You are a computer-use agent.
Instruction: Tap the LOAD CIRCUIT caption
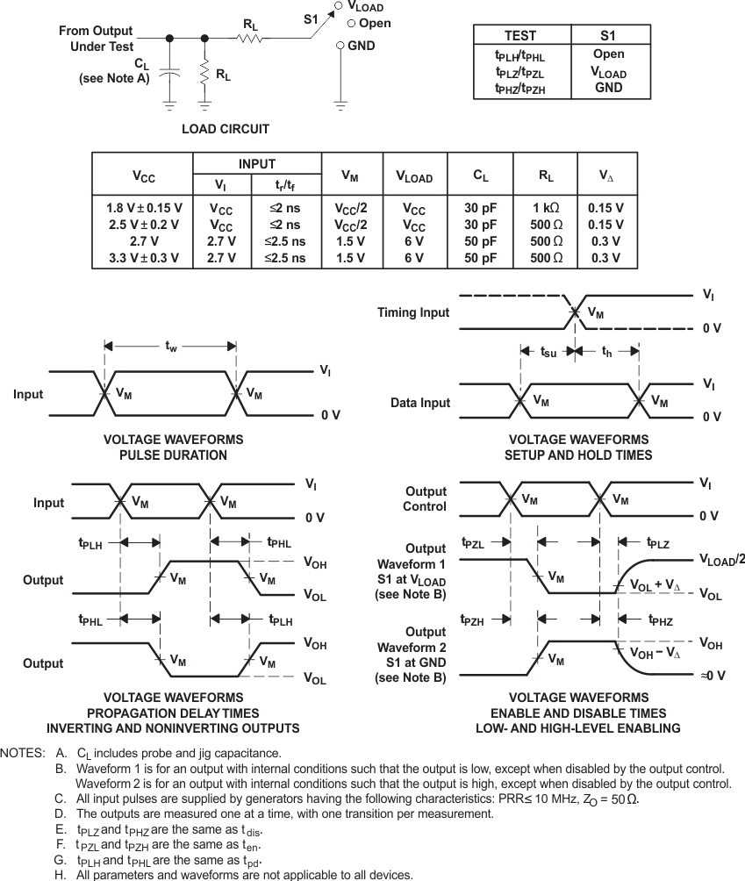click(226, 129)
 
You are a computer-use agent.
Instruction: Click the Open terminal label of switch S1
click(369, 24)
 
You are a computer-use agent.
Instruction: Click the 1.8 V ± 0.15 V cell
click(142, 208)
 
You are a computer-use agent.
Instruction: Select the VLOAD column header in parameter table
click(414, 176)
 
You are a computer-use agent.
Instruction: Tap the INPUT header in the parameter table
click(257, 164)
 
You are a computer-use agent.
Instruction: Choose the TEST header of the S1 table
click(521, 36)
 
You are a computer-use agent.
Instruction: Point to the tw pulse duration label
click(171, 347)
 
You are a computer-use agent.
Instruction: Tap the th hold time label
click(606, 352)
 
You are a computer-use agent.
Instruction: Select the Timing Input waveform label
click(412, 312)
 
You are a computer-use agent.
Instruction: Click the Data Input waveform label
click(419, 403)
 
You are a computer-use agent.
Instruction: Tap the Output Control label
click(426, 498)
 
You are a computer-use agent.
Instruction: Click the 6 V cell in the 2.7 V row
click(414, 241)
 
